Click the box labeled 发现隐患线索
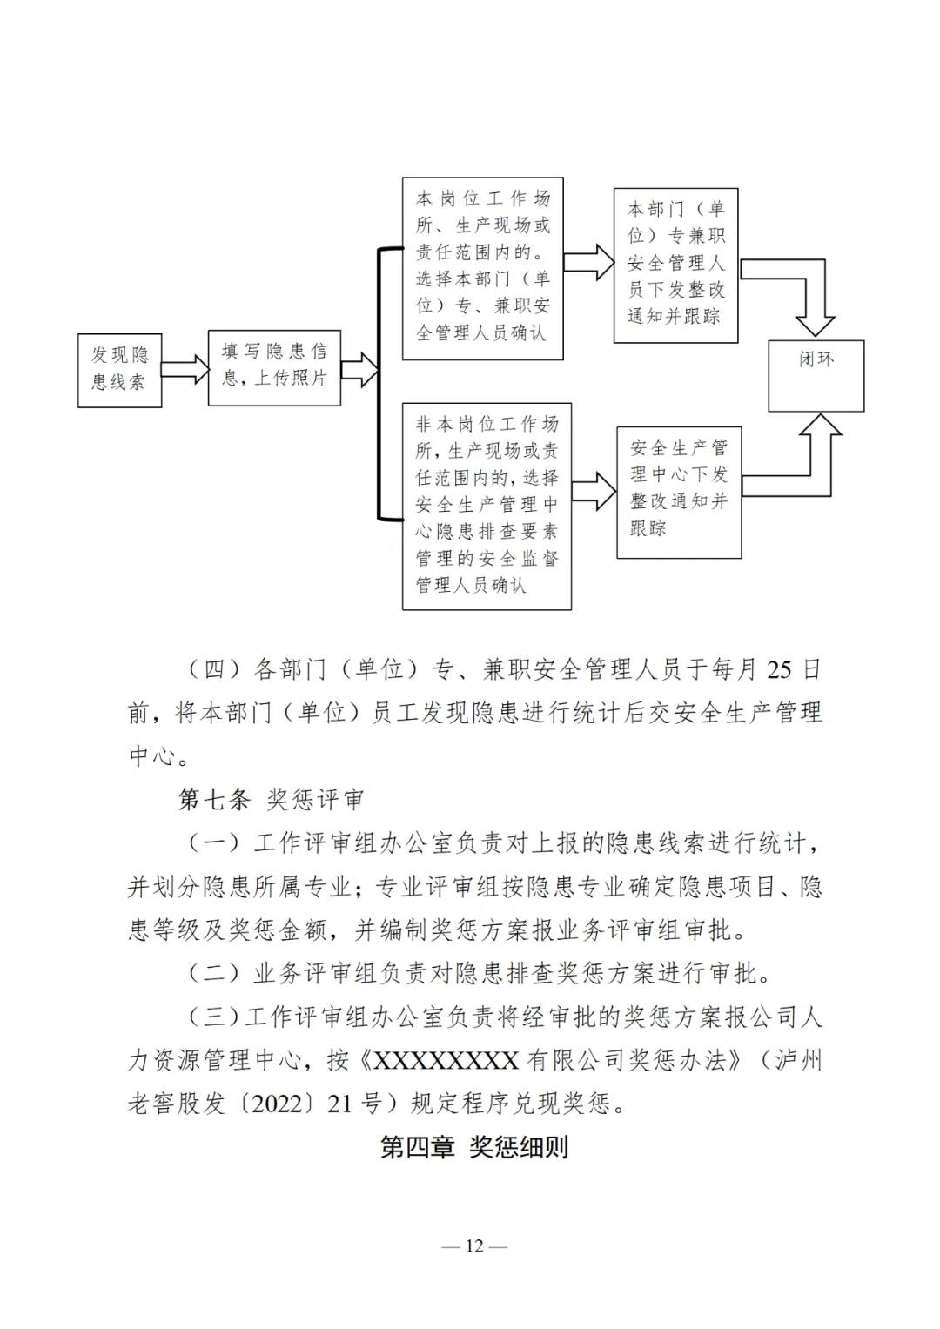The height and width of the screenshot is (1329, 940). pyautogui.click(x=119, y=369)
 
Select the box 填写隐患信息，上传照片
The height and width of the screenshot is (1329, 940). pyautogui.click(x=274, y=366)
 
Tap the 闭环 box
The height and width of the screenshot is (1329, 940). pyautogui.click(x=816, y=375)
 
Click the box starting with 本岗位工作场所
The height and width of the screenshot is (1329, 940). pyautogui.click(x=482, y=267)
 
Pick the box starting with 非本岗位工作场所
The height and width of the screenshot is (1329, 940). pyautogui.click(x=486, y=505)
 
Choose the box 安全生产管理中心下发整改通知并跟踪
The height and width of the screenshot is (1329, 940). pyautogui.click(x=678, y=491)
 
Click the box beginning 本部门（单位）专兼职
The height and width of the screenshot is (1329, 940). pyautogui.click(x=675, y=264)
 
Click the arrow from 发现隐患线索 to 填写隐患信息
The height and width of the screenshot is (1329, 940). pyautogui.click(x=185, y=368)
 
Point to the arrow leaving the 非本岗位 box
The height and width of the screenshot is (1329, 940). pyautogui.click(x=594, y=492)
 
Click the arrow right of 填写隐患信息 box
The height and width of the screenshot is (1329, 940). pyautogui.click(x=359, y=369)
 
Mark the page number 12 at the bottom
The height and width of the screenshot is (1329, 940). pyautogui.click(x=474, y=1245)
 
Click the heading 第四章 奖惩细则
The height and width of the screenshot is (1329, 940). pyautogui.click(x=474, y=1146)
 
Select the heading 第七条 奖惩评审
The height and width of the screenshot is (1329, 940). pyautogui.click(x=271, y=799)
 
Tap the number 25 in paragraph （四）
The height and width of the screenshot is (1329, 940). pyautogui.click(x=779, y=669)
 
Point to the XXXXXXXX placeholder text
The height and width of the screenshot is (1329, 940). pyautogui.click(x=446, y=1060)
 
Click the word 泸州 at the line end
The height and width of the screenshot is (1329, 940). pyautogui.click(x=798, y=1060)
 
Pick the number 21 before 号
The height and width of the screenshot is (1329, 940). pyautogui.click(x=339, y=1104)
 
